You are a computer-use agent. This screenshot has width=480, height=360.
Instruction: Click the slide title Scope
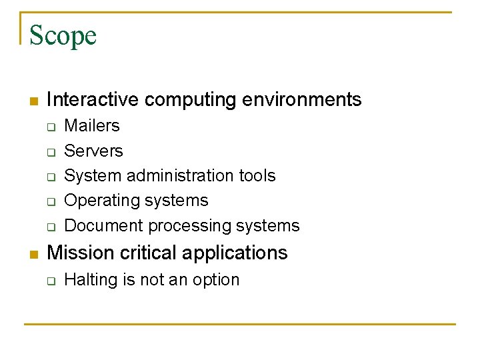point(63,35)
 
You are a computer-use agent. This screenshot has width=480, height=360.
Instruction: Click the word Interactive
point(93,100)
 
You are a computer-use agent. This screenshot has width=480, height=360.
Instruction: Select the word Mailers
point(91,126)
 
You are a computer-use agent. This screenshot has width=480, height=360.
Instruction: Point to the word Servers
point(93,151)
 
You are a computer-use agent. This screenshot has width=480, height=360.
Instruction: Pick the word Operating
point(99,201)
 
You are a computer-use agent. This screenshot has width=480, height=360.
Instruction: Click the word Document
point(103,226)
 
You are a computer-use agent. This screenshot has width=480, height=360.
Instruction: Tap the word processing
point(189,226)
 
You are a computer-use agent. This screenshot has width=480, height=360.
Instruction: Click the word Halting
point(91,280)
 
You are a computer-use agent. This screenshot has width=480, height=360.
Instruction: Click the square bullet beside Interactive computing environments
point(32,101)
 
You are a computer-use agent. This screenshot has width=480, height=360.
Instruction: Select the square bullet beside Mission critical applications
point(32,255)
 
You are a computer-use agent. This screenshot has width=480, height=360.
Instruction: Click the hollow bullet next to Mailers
point(50,127)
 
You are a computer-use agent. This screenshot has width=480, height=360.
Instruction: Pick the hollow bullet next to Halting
point(50,281)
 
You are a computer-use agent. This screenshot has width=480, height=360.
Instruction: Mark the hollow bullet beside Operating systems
point(50,201)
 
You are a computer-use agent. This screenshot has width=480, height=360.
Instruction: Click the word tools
point(257,176)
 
